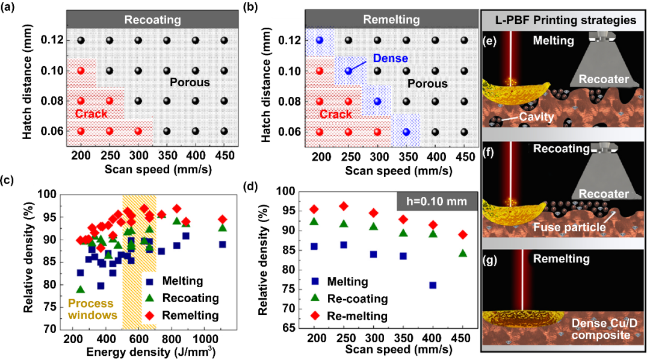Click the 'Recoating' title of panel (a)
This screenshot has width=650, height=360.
[152, 20]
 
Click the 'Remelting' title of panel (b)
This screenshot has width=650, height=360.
[392, 20]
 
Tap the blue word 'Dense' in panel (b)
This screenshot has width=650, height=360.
[389, 59]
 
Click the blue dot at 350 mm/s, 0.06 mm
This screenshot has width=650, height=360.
[406, 132]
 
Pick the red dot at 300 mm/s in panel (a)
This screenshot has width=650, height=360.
[138, 131]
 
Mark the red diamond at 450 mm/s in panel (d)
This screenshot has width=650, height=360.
[462, 235]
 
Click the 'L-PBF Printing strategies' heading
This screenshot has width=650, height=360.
[564, 20]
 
